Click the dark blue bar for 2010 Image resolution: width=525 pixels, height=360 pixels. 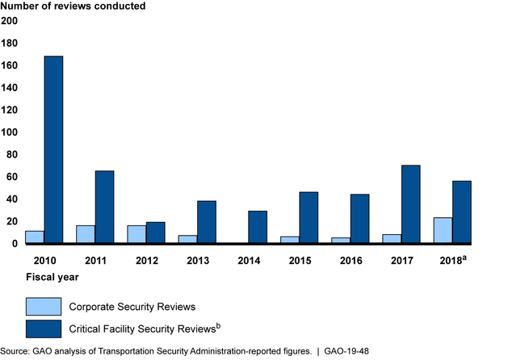pos(53,149)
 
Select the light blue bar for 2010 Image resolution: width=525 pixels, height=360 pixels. pos(35,237)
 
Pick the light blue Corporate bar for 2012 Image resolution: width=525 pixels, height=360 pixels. pos(136,234)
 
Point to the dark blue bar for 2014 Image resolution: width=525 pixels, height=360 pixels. pos(258,227)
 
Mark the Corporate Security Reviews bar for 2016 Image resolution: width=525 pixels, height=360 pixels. pos(341,240)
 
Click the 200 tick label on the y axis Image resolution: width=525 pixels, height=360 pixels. pos(10,21)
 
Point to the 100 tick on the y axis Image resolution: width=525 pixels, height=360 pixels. pos(10,132)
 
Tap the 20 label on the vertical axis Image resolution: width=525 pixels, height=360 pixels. pos(12,221)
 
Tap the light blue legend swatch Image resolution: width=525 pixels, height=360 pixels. pos(43,306)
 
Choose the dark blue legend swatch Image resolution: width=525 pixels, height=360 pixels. pos(43,329)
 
